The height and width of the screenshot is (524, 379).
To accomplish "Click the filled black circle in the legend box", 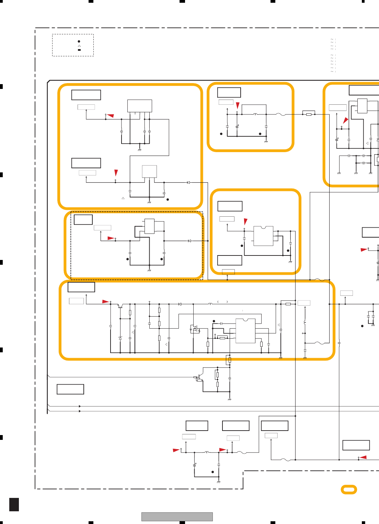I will (x=79, y=42).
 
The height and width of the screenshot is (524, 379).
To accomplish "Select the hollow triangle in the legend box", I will (x=79, y=46).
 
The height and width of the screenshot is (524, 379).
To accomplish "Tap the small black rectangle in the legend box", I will (x=79, y=50).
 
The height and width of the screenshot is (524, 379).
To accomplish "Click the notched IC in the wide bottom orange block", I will (x=245, y=331).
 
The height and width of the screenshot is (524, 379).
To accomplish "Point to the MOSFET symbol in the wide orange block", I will (x=195, y=329).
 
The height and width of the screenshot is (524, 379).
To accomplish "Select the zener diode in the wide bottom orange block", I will (x=120, y=338).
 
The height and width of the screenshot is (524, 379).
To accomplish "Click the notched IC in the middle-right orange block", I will (x=263, y=236).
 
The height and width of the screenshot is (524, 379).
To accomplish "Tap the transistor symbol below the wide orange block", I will (x=199, y=378).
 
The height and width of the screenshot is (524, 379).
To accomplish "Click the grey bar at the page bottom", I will (x=177, y=516).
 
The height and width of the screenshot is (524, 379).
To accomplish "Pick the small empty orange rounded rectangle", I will (x=349, y=489).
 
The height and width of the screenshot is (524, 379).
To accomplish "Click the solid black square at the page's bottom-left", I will (x=14, y=504).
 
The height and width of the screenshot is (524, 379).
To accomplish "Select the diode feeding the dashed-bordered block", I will (x=189, y=241).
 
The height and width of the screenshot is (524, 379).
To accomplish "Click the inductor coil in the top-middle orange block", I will (x=255, y=114).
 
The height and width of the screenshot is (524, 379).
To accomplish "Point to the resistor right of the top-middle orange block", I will (x=309, y=114).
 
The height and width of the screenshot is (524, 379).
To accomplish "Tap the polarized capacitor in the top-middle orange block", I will (x=237, y=126).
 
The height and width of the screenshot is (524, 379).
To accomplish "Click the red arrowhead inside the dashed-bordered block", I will (x=111, y=238).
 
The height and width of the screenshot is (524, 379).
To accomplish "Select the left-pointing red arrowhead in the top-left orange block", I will (x=110, y=116).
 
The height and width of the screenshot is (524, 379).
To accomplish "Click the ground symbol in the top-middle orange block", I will (x=266, y=141).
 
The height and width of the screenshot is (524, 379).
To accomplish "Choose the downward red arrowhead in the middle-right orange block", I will (x=245, y=221).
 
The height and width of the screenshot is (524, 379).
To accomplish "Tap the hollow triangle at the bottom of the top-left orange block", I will (x=123, y=198).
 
